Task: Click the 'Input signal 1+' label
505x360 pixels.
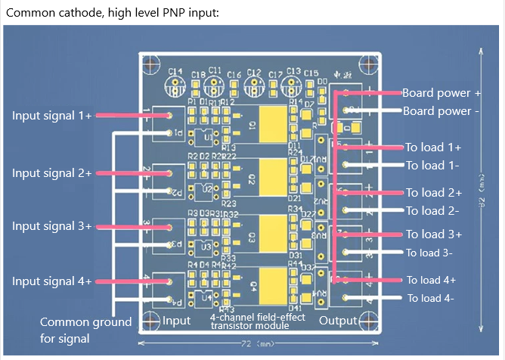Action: tap(51, 116)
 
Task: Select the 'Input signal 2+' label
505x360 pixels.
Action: tap(51, 173)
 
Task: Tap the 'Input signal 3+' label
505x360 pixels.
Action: tap(51, 226)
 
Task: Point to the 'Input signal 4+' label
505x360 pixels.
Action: tap(51, 281)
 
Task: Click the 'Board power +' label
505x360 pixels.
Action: tap(441, 93)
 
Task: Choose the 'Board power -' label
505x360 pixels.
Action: tap(441, 111)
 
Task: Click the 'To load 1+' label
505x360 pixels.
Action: tap(433, 147)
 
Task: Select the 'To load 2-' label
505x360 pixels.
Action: tap(433, 210)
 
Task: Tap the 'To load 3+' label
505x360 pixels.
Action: tap(433, 234)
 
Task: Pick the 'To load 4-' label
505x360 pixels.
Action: tap(430, 298)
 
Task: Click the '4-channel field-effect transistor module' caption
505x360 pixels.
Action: tap(257, 321)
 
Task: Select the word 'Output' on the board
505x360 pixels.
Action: tap(336, 321)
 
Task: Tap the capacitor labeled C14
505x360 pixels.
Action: tap(175, 84)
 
